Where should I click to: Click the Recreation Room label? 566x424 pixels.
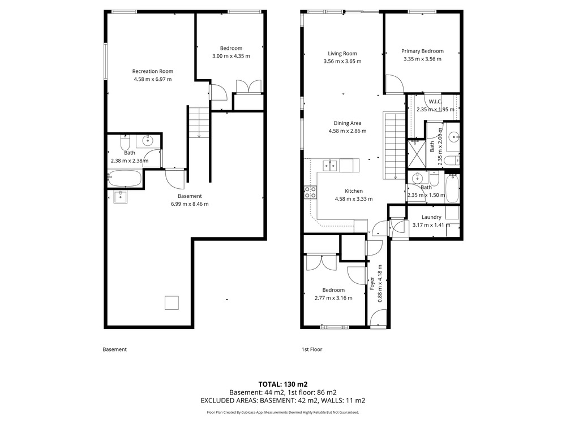153,71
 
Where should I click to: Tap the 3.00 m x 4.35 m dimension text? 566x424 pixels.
231,56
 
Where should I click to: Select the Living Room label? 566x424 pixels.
342,53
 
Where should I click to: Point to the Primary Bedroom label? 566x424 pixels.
422,51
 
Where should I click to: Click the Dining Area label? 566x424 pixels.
348,123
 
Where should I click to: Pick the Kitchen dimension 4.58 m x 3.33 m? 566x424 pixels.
354,198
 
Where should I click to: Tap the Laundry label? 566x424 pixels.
431,217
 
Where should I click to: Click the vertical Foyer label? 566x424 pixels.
372,283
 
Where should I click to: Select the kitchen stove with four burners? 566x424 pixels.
310,192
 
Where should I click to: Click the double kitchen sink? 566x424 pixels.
331,166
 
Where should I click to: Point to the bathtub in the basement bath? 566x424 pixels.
125,178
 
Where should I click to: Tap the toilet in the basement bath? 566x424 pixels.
125,144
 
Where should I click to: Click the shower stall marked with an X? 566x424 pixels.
416,154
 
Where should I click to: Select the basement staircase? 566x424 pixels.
199,123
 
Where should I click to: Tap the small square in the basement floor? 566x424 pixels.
172,303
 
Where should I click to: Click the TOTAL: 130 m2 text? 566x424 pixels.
283,384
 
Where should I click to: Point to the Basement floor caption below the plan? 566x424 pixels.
115,349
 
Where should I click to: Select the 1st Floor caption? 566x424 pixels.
312,349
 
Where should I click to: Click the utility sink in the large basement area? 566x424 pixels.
120,197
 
